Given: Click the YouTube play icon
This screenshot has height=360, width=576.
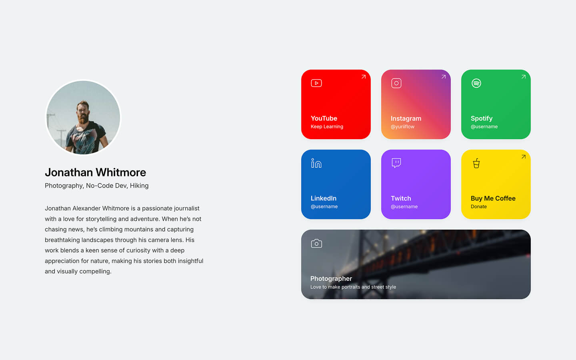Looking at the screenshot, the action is point(316,83).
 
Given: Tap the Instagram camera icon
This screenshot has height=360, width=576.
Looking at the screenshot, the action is point(396,83).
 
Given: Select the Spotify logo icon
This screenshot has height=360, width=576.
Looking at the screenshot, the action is point(476,83).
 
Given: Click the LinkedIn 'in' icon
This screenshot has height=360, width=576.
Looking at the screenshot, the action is point(316,163).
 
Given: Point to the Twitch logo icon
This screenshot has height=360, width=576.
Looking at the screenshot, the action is point(396,163).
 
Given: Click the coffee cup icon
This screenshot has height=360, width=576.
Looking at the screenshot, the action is point(476,163).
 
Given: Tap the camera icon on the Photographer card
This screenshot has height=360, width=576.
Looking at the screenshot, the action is point(316,243).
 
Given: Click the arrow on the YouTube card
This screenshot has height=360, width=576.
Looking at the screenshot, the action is point(364,77).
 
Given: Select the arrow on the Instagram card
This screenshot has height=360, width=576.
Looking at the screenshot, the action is point(444,77).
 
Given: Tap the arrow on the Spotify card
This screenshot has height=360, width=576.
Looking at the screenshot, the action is point(524,77).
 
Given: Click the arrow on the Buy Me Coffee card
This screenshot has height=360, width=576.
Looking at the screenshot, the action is point(524,157).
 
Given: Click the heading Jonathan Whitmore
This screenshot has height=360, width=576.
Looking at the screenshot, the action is point(95,172).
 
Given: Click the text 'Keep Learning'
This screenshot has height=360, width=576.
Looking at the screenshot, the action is point(327,126).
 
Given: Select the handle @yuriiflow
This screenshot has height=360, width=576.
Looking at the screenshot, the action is point(402,126).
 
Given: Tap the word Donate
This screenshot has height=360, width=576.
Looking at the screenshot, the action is point(478,206).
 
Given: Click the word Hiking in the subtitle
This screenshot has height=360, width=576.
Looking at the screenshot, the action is point(139,186).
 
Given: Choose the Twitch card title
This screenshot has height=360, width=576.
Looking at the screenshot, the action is point(401,198).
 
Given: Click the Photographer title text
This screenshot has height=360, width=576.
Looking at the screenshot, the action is point(331,279).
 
